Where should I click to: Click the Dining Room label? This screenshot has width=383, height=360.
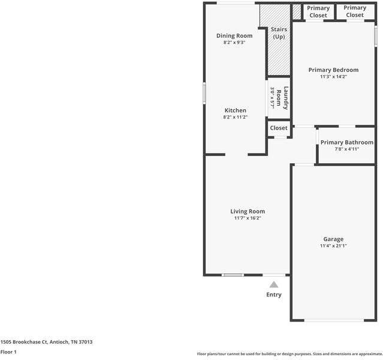pos(234,36)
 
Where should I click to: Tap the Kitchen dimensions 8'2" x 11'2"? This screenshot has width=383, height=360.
pos(235,117)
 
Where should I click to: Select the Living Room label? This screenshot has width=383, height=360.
pos(248,211)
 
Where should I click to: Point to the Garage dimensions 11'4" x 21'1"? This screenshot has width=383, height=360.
pos(333,246)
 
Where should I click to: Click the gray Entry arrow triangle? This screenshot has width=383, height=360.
pos(274,284)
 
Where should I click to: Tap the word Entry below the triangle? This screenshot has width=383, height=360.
pos(274,295)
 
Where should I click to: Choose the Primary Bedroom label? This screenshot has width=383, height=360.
pos(333,70)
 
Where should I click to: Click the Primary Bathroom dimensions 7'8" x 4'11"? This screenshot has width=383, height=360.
pos(346,149)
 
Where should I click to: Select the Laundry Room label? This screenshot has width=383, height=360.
pos(282,98)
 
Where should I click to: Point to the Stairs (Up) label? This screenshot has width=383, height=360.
pos(279,33)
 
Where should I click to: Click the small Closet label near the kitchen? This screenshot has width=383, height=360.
pos(279,128)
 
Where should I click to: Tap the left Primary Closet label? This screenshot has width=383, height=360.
pos(318,11)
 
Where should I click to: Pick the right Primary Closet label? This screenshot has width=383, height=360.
pos(355,11)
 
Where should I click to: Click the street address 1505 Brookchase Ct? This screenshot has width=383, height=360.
pos(24,342)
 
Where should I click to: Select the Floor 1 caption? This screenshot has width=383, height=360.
pos(8,352)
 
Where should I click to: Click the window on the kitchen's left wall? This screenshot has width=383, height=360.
pos(204,93)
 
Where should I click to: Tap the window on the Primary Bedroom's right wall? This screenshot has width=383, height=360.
pos(376,36)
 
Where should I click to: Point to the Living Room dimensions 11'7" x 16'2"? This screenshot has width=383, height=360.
pos(248,218)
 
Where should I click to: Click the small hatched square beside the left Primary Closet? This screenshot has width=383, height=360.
pos(297,11)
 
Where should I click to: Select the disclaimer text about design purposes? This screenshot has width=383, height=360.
pos(289,354)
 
